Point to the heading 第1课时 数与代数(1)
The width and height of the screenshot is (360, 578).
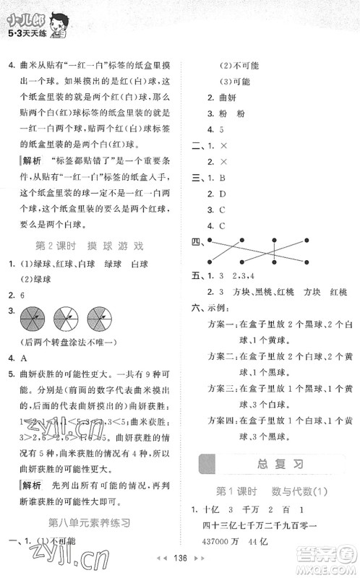(267, 491)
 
